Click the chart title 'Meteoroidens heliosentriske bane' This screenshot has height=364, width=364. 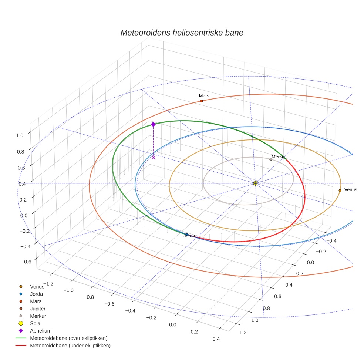click(x=182, y=33)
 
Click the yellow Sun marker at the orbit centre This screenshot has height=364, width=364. click(x=255, y=183)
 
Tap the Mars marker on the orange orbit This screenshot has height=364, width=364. click(x=201, y=101)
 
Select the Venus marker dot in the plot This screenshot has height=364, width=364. click(x=340, y=191)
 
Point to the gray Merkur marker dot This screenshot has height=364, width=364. click(x=271, y=159)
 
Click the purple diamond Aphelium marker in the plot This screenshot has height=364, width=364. click(x=153, y=124)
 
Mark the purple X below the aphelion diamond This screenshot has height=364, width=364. click(x=154, y=158)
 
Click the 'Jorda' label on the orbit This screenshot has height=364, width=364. click(x=189, y=236)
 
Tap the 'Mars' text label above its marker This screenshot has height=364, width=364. click(x=204, y=96)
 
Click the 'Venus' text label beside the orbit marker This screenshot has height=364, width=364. click(x=350, y=189)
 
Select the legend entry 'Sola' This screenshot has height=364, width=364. click(x=35, y=323)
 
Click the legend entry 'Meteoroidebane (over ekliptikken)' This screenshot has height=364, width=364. click(x=68, y=338)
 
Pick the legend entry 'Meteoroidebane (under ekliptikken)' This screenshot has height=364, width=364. click(x=70, y=346)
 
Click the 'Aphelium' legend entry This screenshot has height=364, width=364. click(x=40, y=331)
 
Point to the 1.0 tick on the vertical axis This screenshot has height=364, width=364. click(x=20, y=135)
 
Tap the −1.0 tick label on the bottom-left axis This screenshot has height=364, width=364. click(x=68, y=290)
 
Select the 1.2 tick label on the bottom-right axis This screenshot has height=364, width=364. click(x=243, y=333)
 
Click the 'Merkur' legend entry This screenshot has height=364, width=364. click(x=38, y=316)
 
